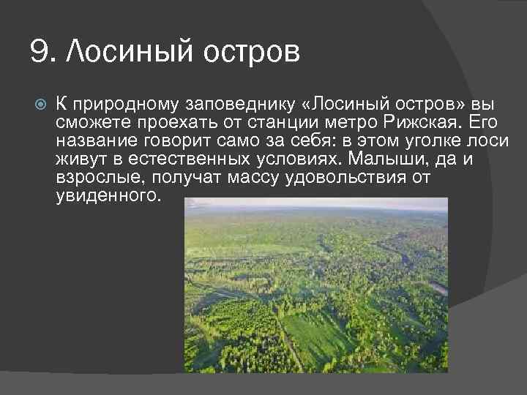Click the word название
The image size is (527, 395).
[x=93, y=140]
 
